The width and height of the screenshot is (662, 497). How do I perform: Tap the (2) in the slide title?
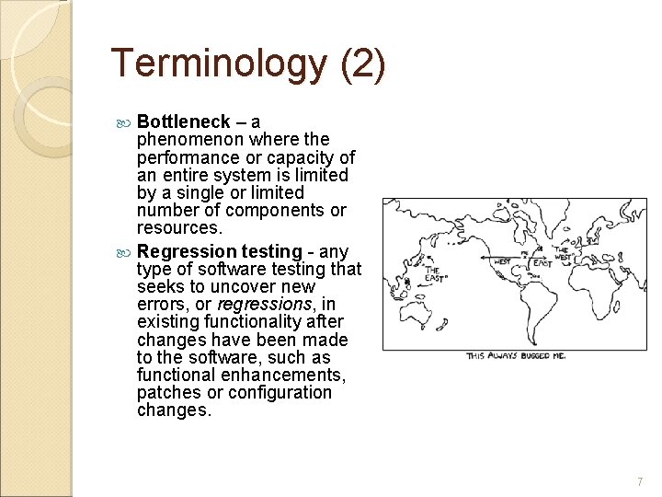point(363,64)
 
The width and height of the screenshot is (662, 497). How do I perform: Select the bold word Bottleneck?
point(183,122)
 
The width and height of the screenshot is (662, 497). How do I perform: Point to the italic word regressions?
point(263,304)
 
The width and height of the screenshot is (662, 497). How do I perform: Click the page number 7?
point(640,481)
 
